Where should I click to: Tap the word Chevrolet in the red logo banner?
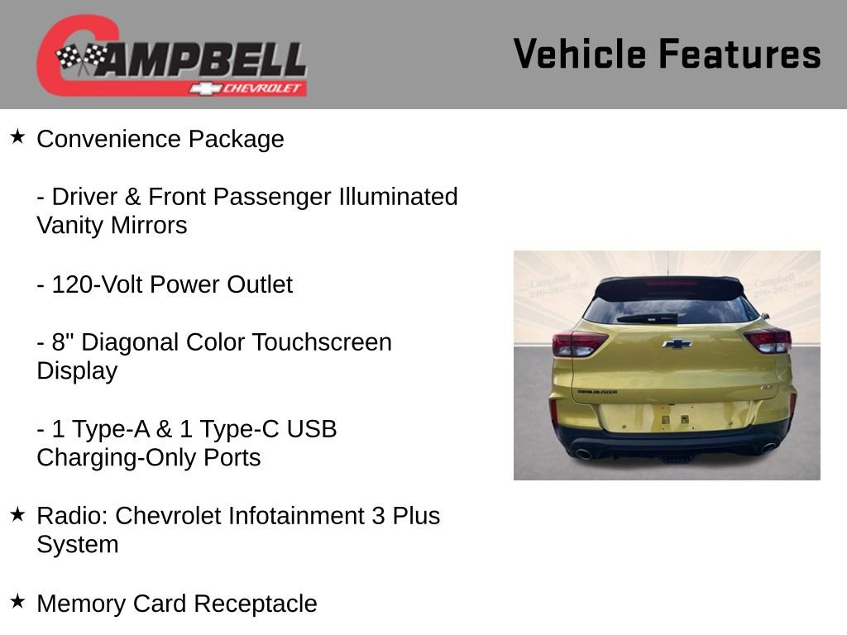(x=263, y=88)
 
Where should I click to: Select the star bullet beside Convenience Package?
(x=17, y=136)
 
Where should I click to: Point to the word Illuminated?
(x=398, y=197)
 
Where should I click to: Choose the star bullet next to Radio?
(x=17, y=514)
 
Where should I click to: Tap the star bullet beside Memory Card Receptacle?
(x=17, y=601)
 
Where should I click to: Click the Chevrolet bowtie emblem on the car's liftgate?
(x=677, y=344)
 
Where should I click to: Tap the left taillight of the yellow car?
(x=578, y=343)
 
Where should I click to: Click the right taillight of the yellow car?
(x=768, y=340)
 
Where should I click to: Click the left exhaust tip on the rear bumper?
(x=582, y=453)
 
